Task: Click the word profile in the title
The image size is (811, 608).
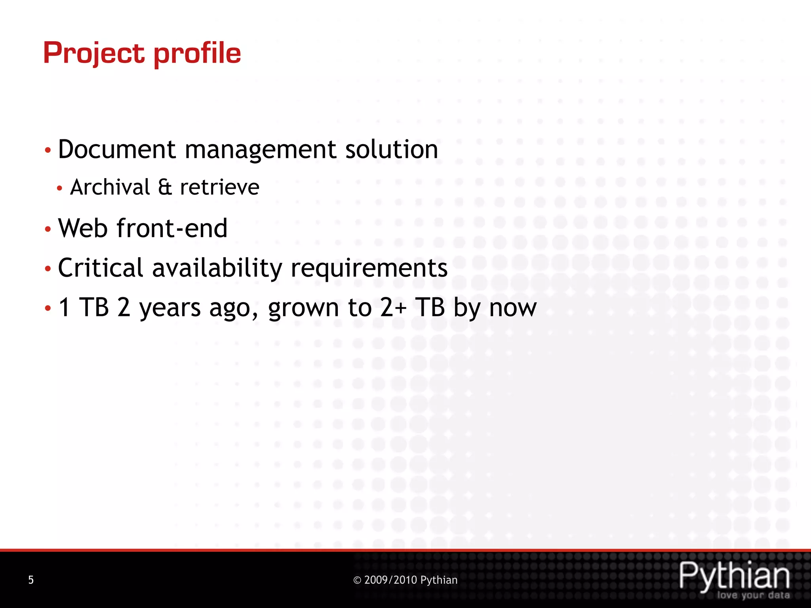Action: click(x=197, y=53)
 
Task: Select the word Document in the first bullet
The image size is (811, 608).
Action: click(x=117, y=150)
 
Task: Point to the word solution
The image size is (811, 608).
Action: click(x=391, y=150)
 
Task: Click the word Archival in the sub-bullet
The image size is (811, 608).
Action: click(x=110, y=187)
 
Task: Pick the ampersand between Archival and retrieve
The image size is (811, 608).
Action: click(x=165, y=187)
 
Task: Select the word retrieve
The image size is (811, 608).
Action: click(x=219, y=187)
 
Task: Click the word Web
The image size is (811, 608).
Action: click(x=82, y=228)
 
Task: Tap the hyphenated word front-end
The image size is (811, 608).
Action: click(x=172, y=228)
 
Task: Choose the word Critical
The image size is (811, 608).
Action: click(x=100, y=268)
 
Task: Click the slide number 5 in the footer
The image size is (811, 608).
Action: click(x=31, y=580)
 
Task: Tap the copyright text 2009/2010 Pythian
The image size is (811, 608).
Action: click(x=405, y=580)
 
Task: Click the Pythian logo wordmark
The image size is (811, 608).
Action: click(x=734, y=576)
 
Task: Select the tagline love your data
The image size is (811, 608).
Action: click(x=753, y=595)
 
